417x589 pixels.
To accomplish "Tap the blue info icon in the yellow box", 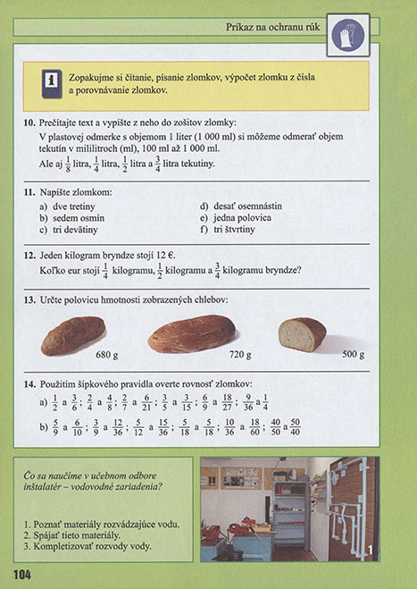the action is [44, 83].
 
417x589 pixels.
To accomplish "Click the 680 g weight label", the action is [106, 355].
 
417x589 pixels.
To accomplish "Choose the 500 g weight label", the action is [354, 354].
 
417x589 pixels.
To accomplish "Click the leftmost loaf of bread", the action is [73, 335].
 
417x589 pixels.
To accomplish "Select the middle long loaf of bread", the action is [192, 332].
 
